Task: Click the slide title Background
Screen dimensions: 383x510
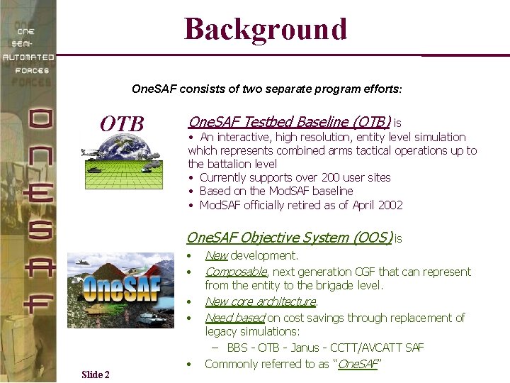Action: pyautogui.click(x=266, y=29)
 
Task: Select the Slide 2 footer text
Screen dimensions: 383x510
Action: pyautogui.click(x=96, y=374)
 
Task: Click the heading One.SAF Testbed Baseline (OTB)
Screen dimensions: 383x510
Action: pyautogui.click(x=289, y=122)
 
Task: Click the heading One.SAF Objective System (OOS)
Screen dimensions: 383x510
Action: pyautogui.click(x=289, y=238)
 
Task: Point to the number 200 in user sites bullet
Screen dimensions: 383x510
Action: pyautogui.click(x=331, y=177)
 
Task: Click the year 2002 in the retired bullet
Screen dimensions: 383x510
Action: pyautogui.click(x=390, y=205)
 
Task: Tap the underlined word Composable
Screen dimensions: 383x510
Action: pyautogui.click(x=236, y=272)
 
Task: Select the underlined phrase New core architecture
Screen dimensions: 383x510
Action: pyautogui.click(x=260, y=301)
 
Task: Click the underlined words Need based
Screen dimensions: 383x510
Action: pyautogui.click(x=234, y=318)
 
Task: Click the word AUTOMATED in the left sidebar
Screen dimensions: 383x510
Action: pyautogui.click(x=28, y=57)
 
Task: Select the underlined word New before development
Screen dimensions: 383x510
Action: pyautogui.click(x=216, y=255)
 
